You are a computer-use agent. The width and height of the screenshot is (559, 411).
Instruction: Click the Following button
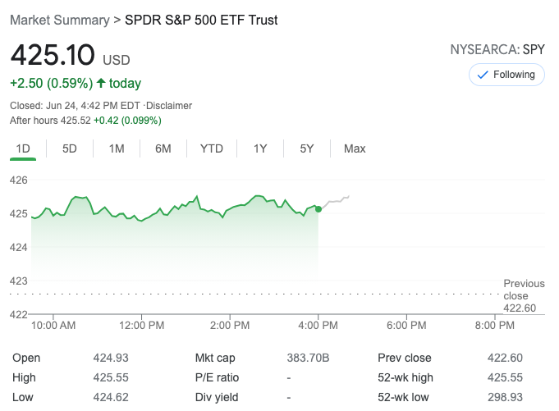click(506, 75)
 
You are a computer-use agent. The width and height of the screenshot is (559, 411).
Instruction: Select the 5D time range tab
click(70, 148)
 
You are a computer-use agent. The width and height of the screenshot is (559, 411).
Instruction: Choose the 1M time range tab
click(117, 148)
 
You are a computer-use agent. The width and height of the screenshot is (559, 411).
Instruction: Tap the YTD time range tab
click(212, 148)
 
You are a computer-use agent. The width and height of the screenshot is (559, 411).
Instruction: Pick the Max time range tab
click(355, 148)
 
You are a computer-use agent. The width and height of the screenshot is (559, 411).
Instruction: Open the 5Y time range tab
click(307, 148)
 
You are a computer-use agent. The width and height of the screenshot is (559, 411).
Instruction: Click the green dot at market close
click(318, 209)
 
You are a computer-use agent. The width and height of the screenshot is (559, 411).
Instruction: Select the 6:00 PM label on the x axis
click(407, 326)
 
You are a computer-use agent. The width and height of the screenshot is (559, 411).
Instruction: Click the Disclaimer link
click(170, 106)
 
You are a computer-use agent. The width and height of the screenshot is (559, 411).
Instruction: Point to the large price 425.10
click(53, 56)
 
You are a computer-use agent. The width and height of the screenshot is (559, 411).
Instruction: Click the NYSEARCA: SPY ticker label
click(497, 49)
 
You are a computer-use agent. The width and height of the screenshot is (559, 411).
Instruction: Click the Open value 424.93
click(111, 358)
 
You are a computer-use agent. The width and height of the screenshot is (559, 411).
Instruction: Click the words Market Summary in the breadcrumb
click(59, 20)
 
